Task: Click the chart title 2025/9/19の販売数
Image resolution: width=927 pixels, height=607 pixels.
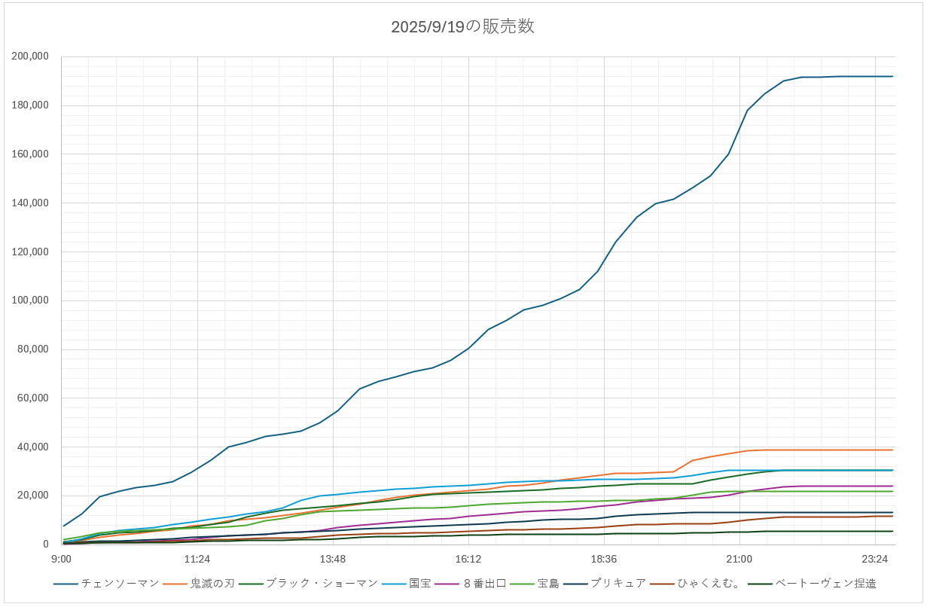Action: pos(462,26)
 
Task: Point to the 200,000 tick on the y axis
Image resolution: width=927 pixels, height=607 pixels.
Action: pos(30,56)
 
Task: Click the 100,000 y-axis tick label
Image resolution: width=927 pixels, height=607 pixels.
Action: pos(30,300)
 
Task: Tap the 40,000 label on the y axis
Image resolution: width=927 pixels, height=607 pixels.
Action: pos(33,447)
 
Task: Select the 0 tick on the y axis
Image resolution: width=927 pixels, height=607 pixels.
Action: pos(46,544)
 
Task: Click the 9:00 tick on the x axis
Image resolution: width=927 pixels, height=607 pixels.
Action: pos(61,559)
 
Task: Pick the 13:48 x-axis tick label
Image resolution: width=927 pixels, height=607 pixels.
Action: pos(332,559)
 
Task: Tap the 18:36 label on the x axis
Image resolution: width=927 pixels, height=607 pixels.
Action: pos(604,559)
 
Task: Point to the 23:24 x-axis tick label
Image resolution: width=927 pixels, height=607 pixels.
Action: pos(875,559)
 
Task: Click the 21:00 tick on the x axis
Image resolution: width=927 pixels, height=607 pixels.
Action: pos(739,559)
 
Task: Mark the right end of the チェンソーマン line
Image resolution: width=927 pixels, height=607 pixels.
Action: pos(892,76)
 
